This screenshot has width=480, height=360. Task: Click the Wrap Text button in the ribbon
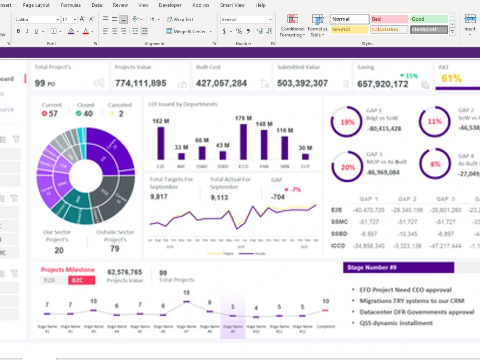point(180,20)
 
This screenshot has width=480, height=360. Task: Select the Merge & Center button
point(186,32)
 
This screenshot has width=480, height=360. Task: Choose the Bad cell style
point(389,19)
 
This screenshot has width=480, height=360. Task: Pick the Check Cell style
point(429,30)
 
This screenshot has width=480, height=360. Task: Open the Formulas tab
point(71,5)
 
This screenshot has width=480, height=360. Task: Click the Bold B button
point(19,31)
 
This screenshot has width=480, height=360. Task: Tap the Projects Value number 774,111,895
point(141,84)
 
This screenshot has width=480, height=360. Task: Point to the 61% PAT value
point(451,79)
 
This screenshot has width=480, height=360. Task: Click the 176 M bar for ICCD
point(243,142)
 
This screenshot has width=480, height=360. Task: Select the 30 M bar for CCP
point(305,156)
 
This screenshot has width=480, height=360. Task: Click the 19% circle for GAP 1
point(347,122)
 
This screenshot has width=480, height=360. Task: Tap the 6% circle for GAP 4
point(435,164)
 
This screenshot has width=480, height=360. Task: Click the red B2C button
point(81,280)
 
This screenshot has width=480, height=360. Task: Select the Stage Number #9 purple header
point(398,268)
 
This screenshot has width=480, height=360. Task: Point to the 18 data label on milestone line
point(186,293)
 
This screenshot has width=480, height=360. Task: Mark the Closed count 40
point(87,114)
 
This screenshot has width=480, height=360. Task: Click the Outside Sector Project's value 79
point(115,249)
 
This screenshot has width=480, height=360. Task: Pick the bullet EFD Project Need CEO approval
point(406,290)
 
